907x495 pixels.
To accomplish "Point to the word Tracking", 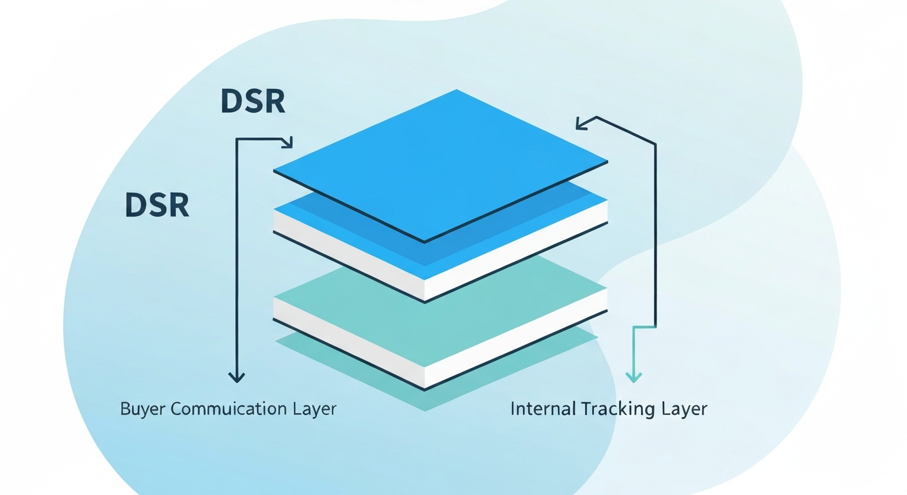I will coord(616,409).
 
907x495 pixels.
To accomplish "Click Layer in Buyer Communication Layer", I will coord(315,409).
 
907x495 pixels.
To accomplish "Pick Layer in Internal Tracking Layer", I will coord(685,409).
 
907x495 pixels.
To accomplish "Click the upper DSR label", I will coord(253,102).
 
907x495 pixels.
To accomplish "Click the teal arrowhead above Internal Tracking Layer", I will coord(635,376).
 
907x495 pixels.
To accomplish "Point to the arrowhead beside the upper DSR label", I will coord(287,142).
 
